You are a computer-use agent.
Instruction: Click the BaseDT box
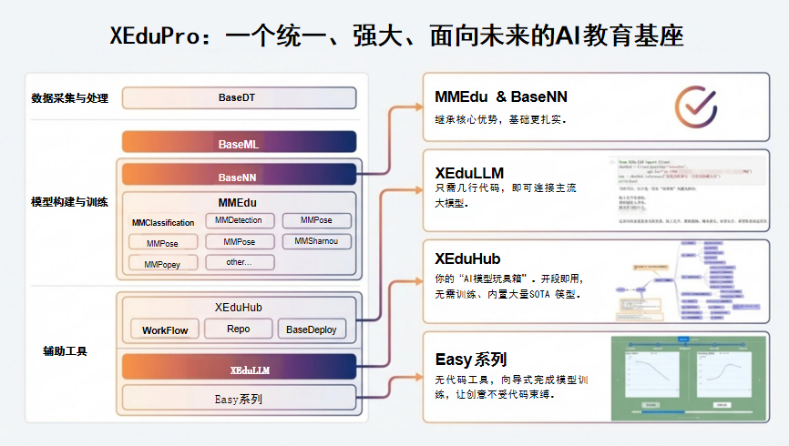[x=238, y=97]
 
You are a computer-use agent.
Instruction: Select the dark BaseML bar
[x=238, y=144]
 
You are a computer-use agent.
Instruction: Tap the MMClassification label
[x=163, y=222]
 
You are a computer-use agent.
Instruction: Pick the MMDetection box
[x=239, y=220]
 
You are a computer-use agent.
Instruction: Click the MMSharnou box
[x=317, y=241]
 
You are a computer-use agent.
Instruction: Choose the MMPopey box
[x=163, y=264]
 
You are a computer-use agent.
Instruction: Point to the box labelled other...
[x=239, y=262]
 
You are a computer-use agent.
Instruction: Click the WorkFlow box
[x=165, y=329]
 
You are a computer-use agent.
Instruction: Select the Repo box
[x=239, y=329]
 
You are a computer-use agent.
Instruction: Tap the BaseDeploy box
[x=313, y=329]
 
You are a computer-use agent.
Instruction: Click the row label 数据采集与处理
[x=69, y=97]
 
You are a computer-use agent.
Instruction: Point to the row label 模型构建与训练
[x=69, y=201]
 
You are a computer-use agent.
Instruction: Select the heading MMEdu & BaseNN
[x=501, y=96]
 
